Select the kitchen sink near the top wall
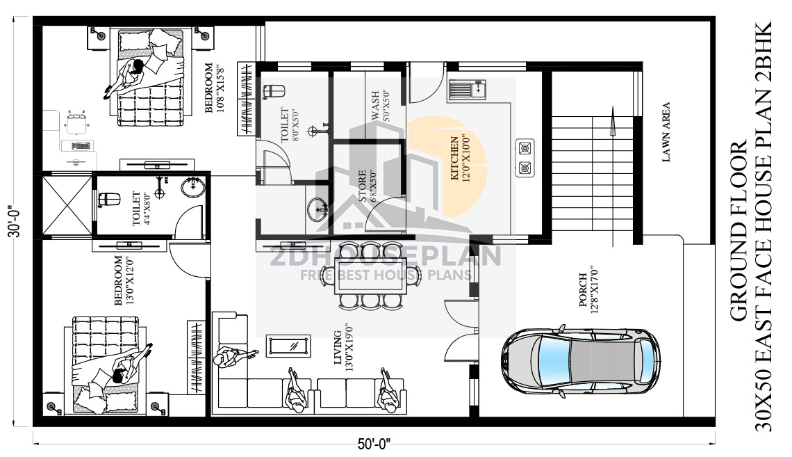(468, 89)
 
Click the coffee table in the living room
(288, 344)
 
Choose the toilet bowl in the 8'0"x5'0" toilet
(274, 91)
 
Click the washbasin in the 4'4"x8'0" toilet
(192, 187)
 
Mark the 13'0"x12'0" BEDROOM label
(123, 280)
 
